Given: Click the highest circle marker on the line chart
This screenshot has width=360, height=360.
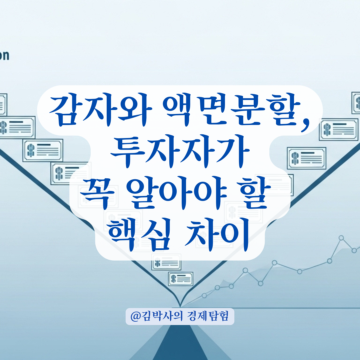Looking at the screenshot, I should pos(341,238).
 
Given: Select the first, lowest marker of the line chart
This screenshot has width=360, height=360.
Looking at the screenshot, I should pos(204,295).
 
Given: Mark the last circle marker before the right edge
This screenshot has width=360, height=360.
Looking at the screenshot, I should pos(354,250).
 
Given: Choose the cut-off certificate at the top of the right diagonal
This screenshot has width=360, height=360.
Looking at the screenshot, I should pos(356,102).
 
